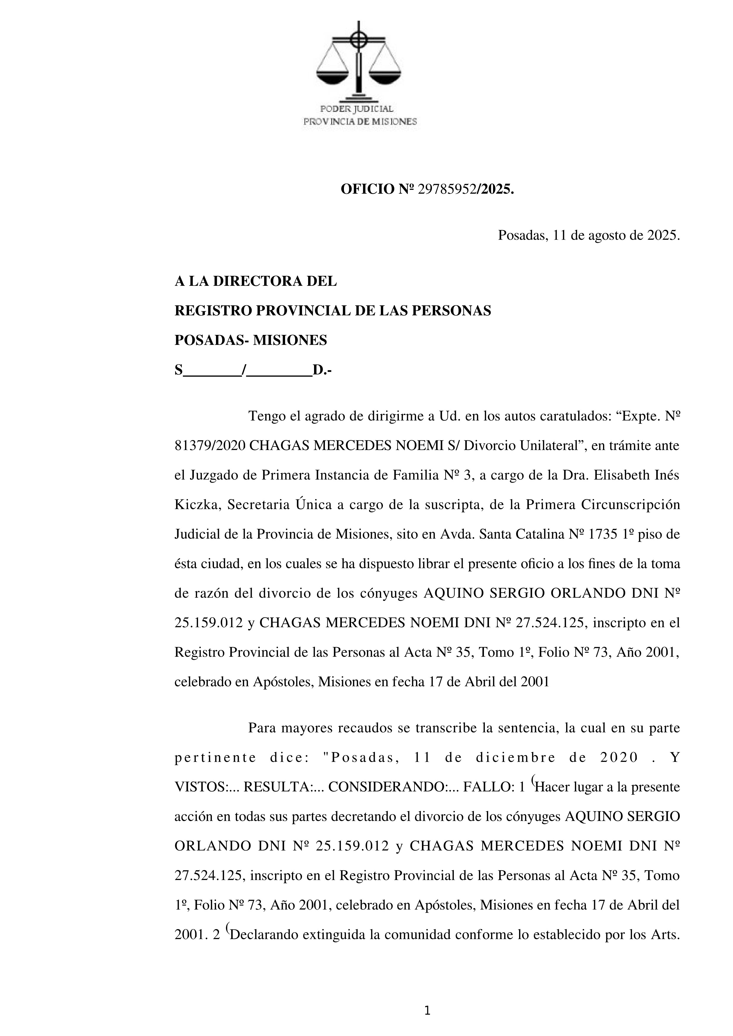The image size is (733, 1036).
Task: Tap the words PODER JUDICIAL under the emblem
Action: click(x=357, y=109)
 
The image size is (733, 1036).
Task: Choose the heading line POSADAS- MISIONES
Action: click(x=251, y=340)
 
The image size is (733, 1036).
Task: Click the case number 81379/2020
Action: click(x=210, y=446)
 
